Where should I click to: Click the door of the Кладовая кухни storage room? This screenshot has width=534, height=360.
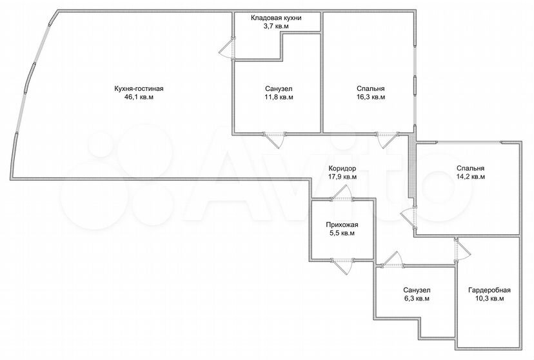point(227,48)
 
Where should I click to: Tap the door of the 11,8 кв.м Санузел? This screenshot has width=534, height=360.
point(275,139)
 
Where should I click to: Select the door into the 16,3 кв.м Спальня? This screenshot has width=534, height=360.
point(387,139)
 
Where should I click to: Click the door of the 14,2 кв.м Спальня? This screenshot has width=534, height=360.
point(409,217)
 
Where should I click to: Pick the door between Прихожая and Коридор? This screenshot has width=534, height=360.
point(342,194)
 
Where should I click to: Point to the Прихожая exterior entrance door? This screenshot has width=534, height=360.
point(342,265)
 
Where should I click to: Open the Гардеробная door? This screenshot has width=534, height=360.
point(462,251)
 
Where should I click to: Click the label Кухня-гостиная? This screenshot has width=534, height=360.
point(139,89)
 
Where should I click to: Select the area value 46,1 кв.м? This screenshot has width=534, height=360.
point(139,97)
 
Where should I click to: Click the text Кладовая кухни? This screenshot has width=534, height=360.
point(276,17)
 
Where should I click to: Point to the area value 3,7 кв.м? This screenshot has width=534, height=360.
point(276,26)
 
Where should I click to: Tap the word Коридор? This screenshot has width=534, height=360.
point(342,168)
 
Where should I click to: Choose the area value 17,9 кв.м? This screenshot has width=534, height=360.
point(342,177)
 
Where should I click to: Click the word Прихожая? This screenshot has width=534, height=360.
point(342,225)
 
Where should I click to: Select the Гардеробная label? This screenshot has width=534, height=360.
point(489,290)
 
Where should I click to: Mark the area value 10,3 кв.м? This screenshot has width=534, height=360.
point(489,299)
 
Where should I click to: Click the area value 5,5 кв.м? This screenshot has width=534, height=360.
point(342,234)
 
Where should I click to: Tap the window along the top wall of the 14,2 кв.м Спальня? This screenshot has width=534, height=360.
point(469,143)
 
